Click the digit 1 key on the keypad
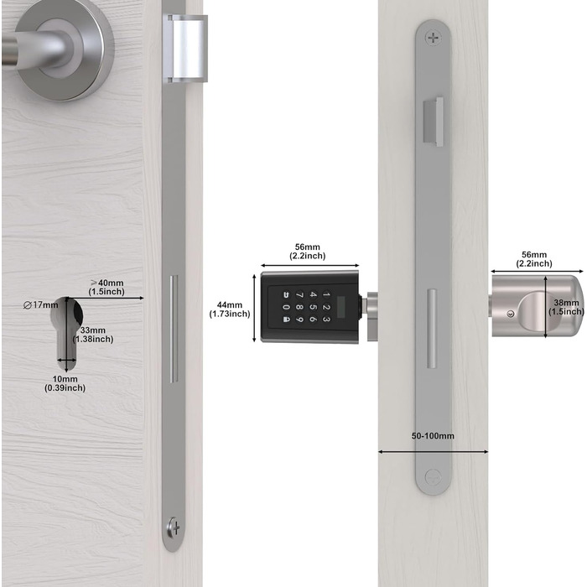(x=326, y=294)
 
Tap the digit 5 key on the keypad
(x=313, y=307)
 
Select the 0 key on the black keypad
(x=286, y=307)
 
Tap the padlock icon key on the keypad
(x=286, y=319)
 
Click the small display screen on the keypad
(x=341, y=307)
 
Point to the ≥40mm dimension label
(x=106, y=287)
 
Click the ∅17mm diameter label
(x=41, y=305)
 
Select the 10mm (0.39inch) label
(x=65, y=383)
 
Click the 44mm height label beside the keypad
(x=230, y=309)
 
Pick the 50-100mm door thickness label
(x=433, y=436)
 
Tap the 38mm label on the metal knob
(x=566, y=307)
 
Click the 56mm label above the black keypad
(x=308, y=252)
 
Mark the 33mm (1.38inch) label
(x=93, y=335)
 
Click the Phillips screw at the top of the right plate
(x=434, y=38)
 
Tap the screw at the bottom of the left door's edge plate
(x=174, y=527)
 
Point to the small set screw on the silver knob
(x=510, y=314)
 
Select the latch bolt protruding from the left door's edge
(x=186, y=49)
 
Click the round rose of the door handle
(x=64, y=49)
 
